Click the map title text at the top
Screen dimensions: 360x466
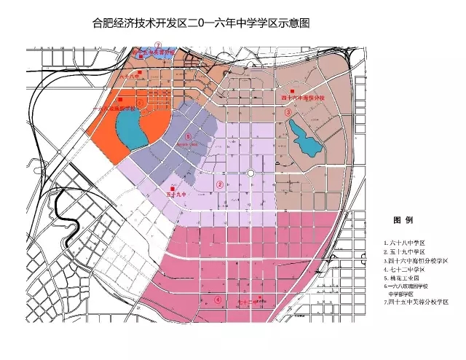232,23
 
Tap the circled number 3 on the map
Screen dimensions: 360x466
288,112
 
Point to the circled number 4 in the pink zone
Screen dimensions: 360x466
217,300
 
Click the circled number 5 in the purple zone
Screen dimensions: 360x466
189,136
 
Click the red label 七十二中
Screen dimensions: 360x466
248,301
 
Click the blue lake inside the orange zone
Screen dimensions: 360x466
130,130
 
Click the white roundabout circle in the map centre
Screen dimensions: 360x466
250,173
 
